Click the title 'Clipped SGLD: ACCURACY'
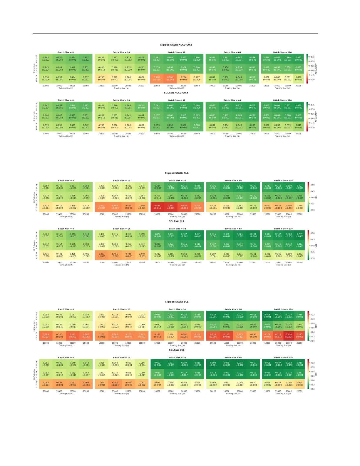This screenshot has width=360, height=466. coord(176,45)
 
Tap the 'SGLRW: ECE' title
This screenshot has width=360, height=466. coord(177,350)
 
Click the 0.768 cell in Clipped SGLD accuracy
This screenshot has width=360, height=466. coord(157,78)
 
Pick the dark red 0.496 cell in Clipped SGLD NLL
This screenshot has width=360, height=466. coord(157,207)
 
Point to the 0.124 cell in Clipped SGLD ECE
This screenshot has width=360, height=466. coord(289,335)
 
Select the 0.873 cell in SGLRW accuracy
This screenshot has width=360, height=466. coord(298,106)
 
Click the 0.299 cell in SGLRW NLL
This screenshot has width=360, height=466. coord(299,235)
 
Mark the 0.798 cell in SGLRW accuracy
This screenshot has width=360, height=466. coord(101,126)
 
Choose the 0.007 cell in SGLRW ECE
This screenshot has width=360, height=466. coord(278,364)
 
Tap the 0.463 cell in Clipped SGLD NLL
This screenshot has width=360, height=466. coord(102,207)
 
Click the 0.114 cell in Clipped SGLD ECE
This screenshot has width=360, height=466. coord(213,335)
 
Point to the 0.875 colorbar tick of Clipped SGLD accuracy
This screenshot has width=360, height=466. coord(312,57)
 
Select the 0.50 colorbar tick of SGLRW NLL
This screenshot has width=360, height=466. coord(313,233)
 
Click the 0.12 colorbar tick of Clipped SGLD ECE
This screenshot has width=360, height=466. coord(312,315)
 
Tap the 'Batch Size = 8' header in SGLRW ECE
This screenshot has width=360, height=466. coord(66,358)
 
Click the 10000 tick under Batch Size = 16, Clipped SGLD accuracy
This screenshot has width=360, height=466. coord(101,86)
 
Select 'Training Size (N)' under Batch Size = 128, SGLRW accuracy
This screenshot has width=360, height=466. coord(282,136)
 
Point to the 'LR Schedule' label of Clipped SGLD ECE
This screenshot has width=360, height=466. coord(34,325)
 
